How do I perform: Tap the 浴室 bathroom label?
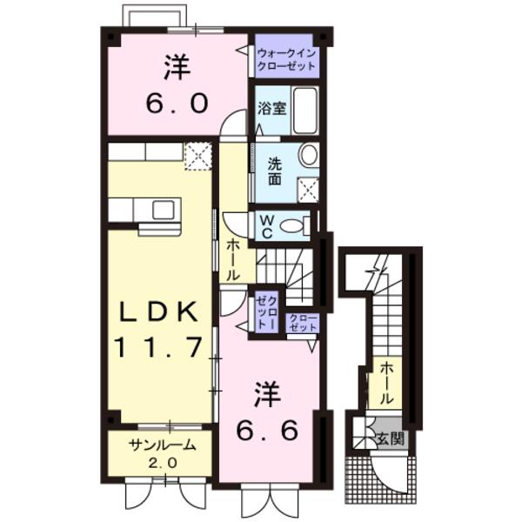(x=271, y=110)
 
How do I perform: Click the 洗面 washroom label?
(x=273, y=169)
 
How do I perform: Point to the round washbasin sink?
(x=308, y=155)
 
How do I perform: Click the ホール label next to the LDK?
(x=233, y=258)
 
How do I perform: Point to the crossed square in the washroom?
(x=308, y=190)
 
